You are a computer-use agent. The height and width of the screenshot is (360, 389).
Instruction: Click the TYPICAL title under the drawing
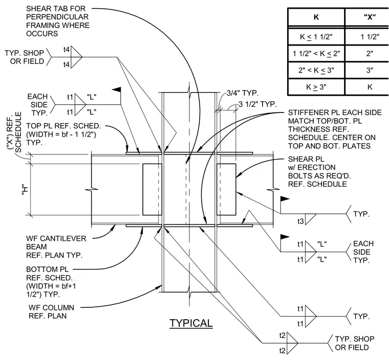tap(191, 323)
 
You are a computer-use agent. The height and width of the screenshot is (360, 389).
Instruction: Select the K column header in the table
tap(316, 17)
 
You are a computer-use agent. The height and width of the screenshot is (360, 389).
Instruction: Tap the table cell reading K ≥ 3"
tap(316, 87)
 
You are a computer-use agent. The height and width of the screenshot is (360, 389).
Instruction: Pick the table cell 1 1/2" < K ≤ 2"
tap(316, 54)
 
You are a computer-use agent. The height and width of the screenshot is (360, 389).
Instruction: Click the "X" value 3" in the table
tap(370, 70)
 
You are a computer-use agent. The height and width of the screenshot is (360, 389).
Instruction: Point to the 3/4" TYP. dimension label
tap(243, 93)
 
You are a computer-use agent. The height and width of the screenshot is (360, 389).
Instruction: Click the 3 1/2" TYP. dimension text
tap(257, 104)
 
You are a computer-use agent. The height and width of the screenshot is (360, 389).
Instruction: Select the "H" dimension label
tap(25, 189)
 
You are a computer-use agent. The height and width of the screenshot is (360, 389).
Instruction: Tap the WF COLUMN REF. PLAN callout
tap(51, 311)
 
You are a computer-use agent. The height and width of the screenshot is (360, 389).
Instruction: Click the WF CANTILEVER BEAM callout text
tap(56, 246)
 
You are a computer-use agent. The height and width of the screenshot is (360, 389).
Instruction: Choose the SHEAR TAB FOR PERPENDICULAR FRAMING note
tap(57, 21)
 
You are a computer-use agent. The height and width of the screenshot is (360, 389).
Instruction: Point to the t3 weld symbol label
tap(300, 221)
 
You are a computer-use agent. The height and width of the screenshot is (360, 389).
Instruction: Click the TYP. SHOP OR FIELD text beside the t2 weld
tap(355, 343)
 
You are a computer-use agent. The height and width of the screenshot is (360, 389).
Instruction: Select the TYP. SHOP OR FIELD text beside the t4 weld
tap(25, 57)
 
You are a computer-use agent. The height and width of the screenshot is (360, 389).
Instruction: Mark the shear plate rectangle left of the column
tap(152, 189)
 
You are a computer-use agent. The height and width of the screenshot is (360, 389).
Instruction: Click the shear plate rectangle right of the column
tap(226, 189)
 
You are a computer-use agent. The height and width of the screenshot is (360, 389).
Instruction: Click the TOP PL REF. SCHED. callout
tap(63, 134)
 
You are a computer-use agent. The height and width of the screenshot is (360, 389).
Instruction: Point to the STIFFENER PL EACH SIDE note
tap(335, 129)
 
